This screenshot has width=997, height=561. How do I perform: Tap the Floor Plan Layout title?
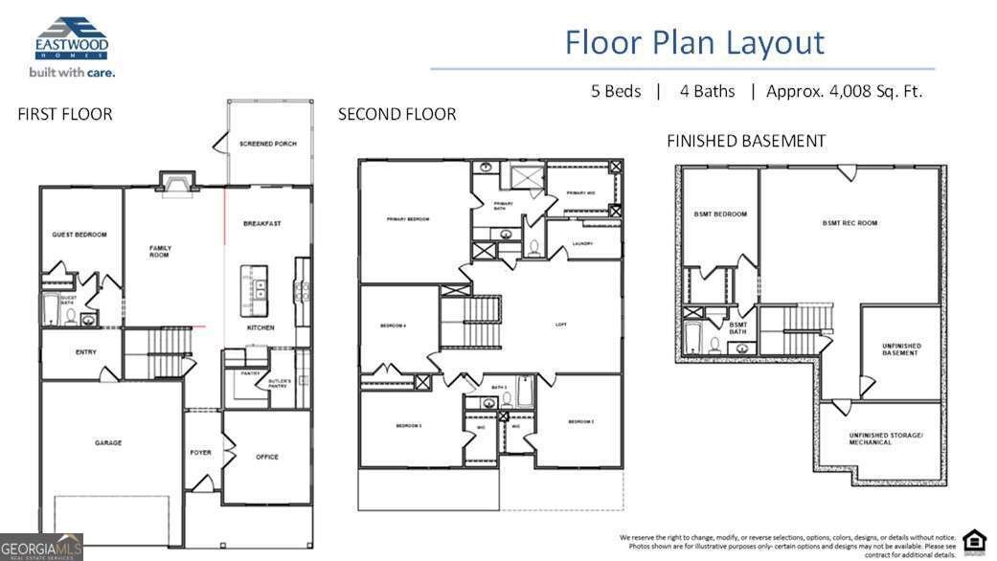693,42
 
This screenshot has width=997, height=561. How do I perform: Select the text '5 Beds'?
616,92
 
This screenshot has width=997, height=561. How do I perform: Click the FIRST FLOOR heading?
65,115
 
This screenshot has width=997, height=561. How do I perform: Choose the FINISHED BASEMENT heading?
746,141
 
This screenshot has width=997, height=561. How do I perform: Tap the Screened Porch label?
268,144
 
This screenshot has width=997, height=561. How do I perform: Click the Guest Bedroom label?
79,235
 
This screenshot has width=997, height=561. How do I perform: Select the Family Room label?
160,252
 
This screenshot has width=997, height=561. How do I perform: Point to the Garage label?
107,443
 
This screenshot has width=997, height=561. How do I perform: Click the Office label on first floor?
267,457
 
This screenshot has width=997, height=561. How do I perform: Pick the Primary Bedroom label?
408,219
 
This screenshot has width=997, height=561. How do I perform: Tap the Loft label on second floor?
561,325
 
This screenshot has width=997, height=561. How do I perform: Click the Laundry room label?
581,243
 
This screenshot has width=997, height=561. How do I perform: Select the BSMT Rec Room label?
850,223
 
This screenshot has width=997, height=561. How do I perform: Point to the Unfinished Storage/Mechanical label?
885,438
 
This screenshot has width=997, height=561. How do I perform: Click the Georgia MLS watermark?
41,547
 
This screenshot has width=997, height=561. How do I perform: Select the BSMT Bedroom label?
721,214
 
